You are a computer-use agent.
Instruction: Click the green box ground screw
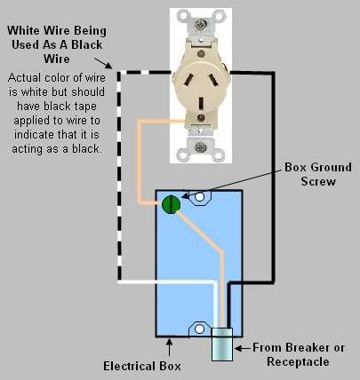pos(172,203)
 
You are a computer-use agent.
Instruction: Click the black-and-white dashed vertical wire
pos(119,178)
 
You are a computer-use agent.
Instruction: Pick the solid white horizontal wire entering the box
pos(169,284)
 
